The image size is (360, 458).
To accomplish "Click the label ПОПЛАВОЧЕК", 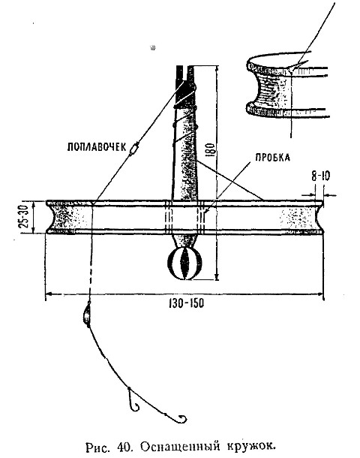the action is click(97, 146).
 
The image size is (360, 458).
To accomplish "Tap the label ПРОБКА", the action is click(273, 158).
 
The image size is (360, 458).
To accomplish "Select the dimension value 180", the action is click(212, 150).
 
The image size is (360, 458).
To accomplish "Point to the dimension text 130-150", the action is click(186, 303).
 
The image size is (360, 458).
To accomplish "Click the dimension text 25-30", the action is click(25, 216).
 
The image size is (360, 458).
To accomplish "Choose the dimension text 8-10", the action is click(320, 176).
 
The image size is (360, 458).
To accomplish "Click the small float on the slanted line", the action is click(133, 149).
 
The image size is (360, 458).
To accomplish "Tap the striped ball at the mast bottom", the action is click(185, 264).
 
